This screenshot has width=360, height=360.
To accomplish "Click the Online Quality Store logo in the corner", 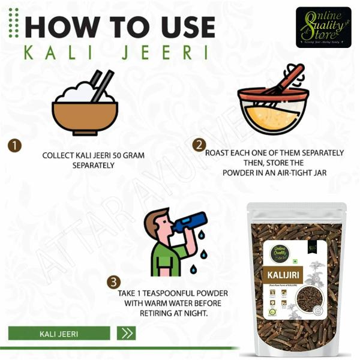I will (x=323, y=27).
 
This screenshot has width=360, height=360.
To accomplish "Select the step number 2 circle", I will (x=199, y=145).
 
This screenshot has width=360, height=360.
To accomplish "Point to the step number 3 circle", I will (x=113, y=282).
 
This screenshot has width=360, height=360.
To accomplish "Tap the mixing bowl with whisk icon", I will (x=273, y=102).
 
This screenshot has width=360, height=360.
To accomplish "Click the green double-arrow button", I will (x=127, y=333).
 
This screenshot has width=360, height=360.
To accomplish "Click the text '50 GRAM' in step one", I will (x=128, y=155).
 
